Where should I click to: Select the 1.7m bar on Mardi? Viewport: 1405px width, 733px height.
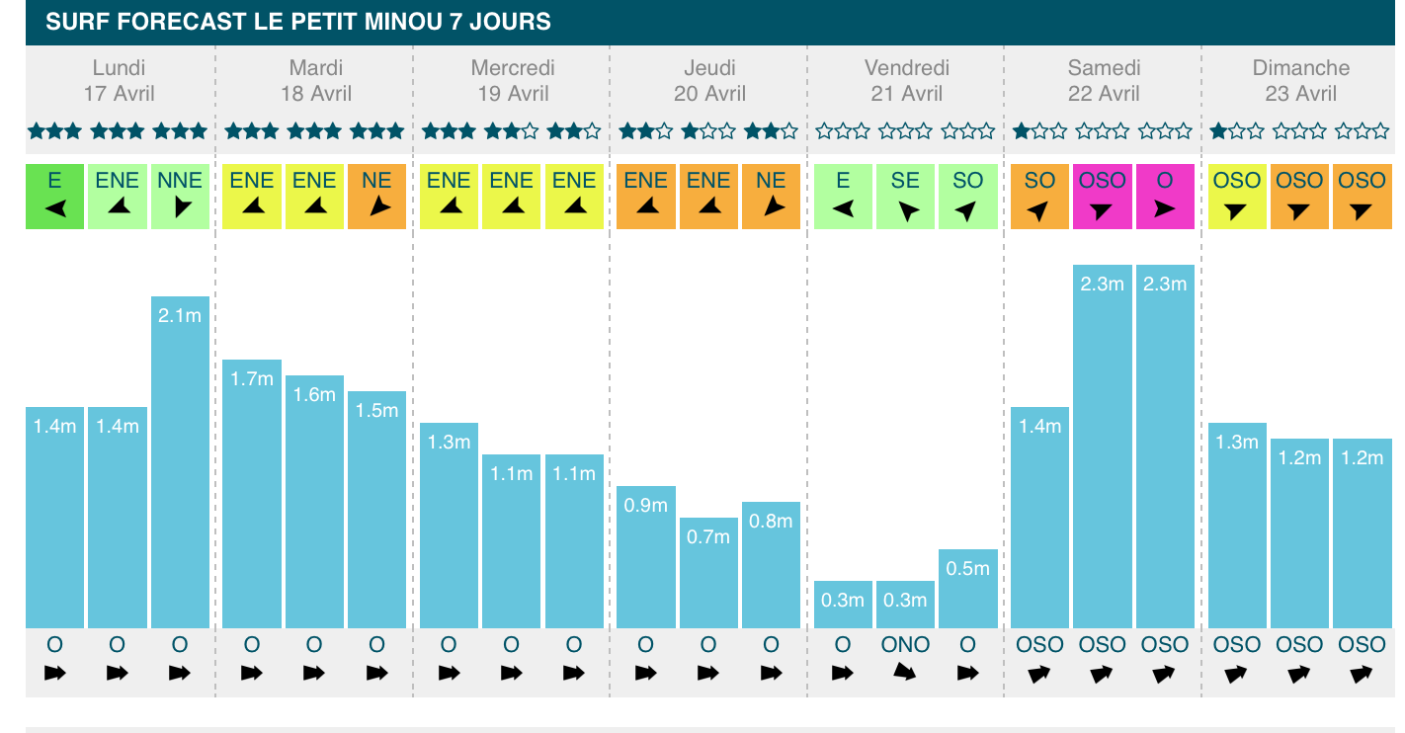point(251,494)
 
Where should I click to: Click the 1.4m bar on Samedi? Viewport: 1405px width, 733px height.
point(1039,518)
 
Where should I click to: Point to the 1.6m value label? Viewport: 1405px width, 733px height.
point(314,394)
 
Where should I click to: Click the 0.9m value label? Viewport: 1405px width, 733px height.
point(646,505)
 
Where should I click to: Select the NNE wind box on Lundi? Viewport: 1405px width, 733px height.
point(180,197)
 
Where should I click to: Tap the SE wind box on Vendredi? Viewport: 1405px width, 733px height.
point(905,197)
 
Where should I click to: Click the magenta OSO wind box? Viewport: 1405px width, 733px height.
point(1102,197)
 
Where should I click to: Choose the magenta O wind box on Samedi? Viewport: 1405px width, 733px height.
point(1165,197)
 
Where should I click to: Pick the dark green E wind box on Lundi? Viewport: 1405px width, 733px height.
point(54,197)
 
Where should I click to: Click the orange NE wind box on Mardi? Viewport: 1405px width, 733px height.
point(376,197)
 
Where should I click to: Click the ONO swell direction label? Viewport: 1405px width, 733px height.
point(905,645)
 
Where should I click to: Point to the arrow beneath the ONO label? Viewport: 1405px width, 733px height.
point(905,674)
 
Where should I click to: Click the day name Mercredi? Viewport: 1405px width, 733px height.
point(513,68)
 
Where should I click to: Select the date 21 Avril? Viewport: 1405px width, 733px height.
point(907,94)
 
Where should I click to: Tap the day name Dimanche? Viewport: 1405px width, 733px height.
point(1301,68)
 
